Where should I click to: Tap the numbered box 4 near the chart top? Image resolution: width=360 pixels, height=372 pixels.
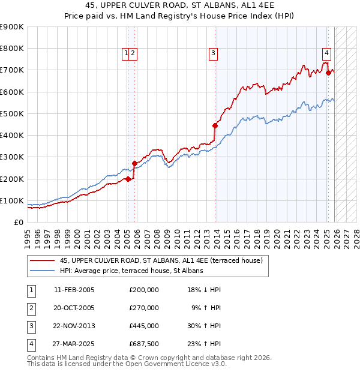point(326,52)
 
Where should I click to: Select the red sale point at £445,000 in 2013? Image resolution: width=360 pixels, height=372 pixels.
point(215,125)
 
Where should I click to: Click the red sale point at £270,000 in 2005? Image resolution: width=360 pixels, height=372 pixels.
point(134,163)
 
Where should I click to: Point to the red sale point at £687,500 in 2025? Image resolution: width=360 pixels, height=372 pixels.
point(328,73)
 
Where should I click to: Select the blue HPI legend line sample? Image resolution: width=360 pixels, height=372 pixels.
point(43,271)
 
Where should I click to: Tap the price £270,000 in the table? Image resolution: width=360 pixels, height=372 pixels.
point(143,308)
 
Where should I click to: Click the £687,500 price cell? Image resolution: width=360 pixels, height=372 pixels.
point(143,344)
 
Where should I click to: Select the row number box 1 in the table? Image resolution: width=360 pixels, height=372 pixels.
point(30,290)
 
